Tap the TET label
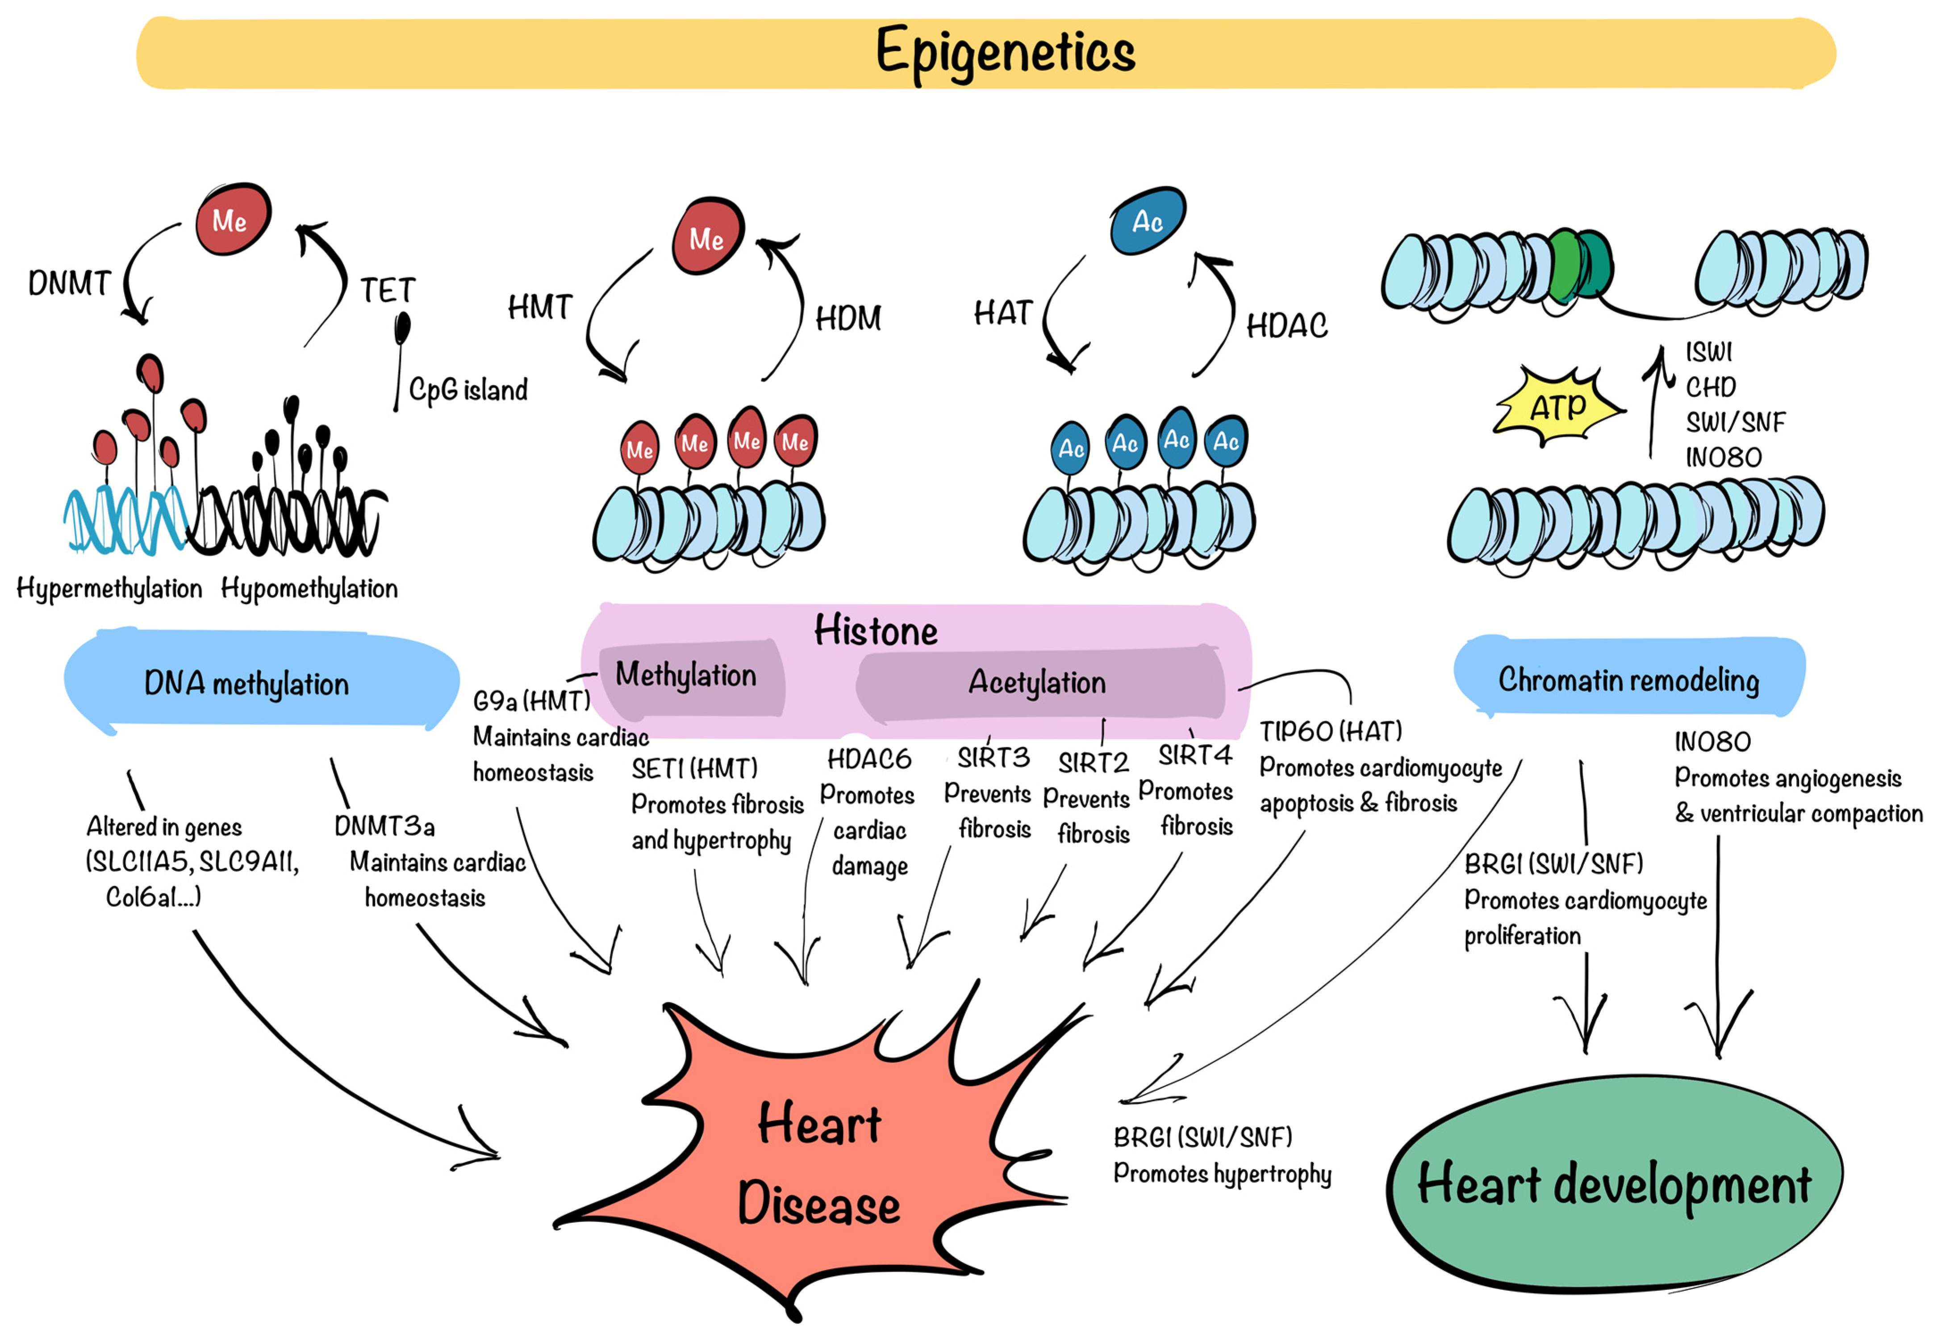pyautogui.click(x=388, y=290)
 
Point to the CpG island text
pyautogui.click(x=468, y=389)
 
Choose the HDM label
pyautogui.click(x=848, y=318)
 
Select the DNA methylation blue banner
pyautogui.click(x=246, y=682)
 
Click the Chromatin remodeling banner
pyautogui.click(x=1628, y=679)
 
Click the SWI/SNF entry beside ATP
pyautogui.click(x=1734, y=422)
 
